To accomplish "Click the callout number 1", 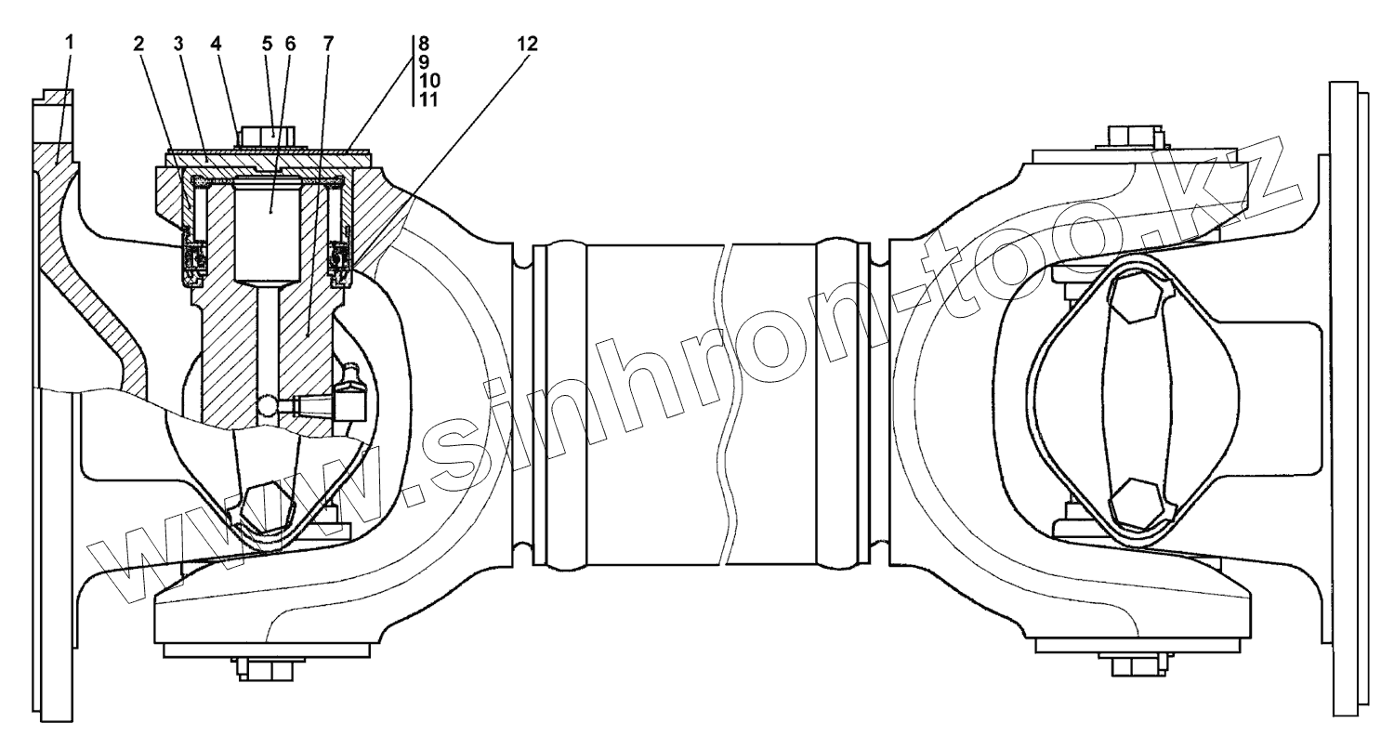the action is click(x=70, y=43).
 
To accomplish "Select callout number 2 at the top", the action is click(x=138, y=44).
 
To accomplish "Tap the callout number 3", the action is click(x=178, y=44).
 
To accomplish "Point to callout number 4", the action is click(x=216, y=44).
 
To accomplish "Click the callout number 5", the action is click(x=267, y=44).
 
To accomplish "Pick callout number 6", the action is click(x=290, y=44).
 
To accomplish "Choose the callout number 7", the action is click(x=328, y=44).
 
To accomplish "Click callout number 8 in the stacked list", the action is click(x=423, y=44).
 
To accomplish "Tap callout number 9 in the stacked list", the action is click(x=423, y=62).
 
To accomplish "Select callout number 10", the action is click(x=428, y=81).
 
